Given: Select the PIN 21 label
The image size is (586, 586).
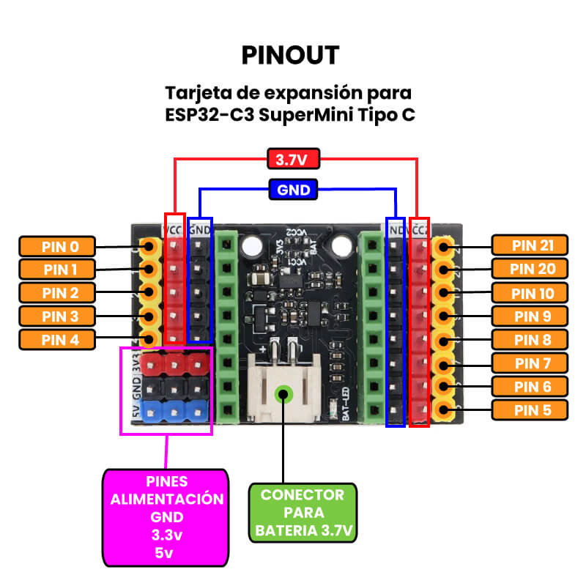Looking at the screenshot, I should coord(529,246).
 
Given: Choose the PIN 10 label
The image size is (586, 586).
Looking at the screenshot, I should coord(529,293).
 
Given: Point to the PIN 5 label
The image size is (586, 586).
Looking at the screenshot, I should coord(529,409).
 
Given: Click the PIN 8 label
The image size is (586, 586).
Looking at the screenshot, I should coord(529,340).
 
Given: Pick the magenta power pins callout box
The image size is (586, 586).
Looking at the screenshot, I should coord(167,517).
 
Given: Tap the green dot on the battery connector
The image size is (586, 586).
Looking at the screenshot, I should coord(282,395).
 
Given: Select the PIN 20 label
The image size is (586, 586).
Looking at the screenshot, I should coord(529,270).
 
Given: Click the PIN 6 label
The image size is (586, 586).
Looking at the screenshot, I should coord(529,386).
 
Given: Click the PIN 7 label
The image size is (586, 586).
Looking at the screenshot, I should coord(529,363).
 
